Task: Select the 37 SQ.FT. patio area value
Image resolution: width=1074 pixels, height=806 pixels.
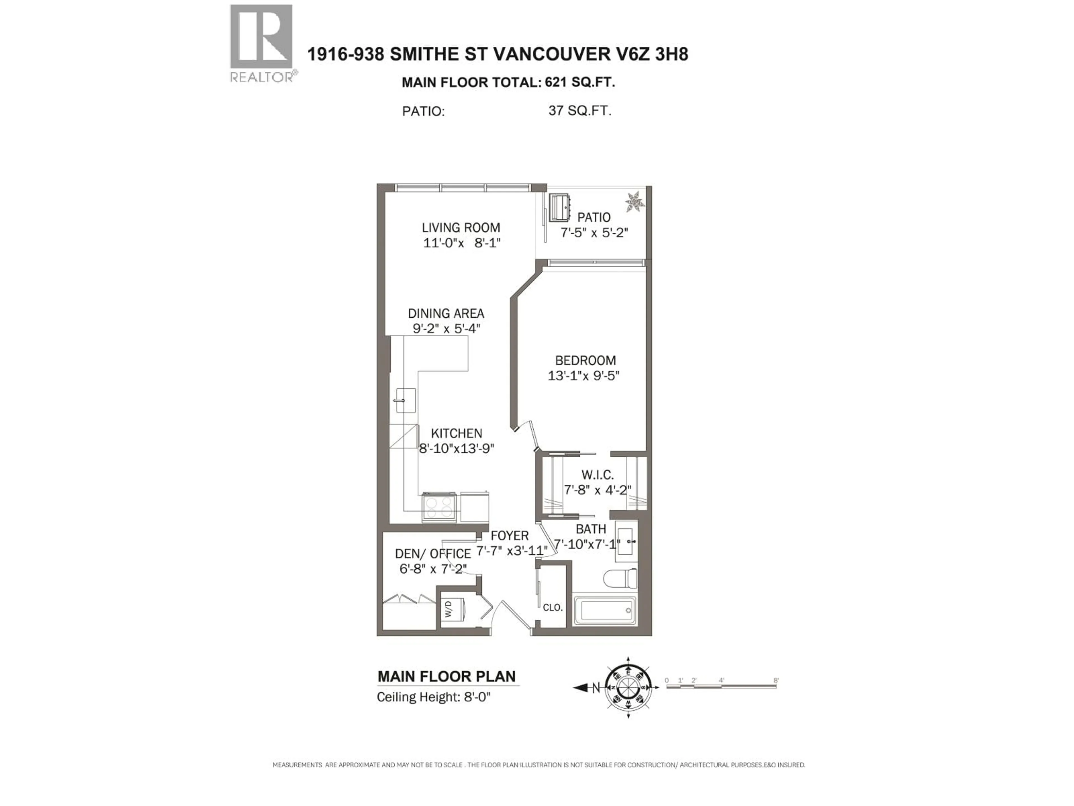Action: pos(580,111)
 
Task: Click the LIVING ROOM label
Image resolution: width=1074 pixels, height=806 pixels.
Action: pos(460,227)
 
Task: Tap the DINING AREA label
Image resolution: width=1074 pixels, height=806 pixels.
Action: pos(446,313)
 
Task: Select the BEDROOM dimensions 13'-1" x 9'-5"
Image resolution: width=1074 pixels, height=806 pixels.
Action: pos(584,376)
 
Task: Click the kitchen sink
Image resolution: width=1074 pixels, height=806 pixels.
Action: pos(406,400)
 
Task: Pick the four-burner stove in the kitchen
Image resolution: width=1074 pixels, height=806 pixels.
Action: pos(439,507)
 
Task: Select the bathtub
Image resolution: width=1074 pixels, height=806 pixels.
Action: pos(604,611)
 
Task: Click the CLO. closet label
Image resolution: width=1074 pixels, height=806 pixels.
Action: pos(553,607)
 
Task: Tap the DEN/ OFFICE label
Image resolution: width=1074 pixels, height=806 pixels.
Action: pos(433,554)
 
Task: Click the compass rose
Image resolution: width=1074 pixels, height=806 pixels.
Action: pos(628,687)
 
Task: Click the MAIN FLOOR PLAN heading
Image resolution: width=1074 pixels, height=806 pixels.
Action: pos(446,676)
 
